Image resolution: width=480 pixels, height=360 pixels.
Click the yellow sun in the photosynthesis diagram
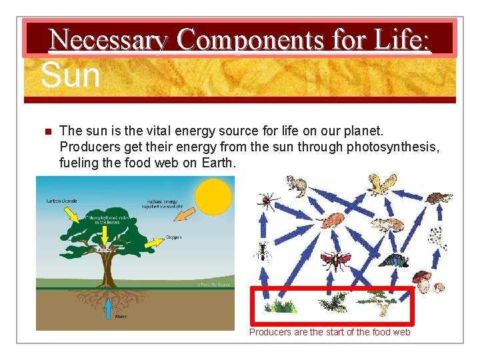(x=212, y=197)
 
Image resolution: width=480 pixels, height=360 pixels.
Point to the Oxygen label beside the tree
(x=173, y=237)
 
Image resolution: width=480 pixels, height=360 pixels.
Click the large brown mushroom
(x=421, y=280)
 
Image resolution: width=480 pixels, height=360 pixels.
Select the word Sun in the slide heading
(x=70, y=75)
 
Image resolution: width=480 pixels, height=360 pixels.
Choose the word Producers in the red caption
(x=271, y=332)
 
